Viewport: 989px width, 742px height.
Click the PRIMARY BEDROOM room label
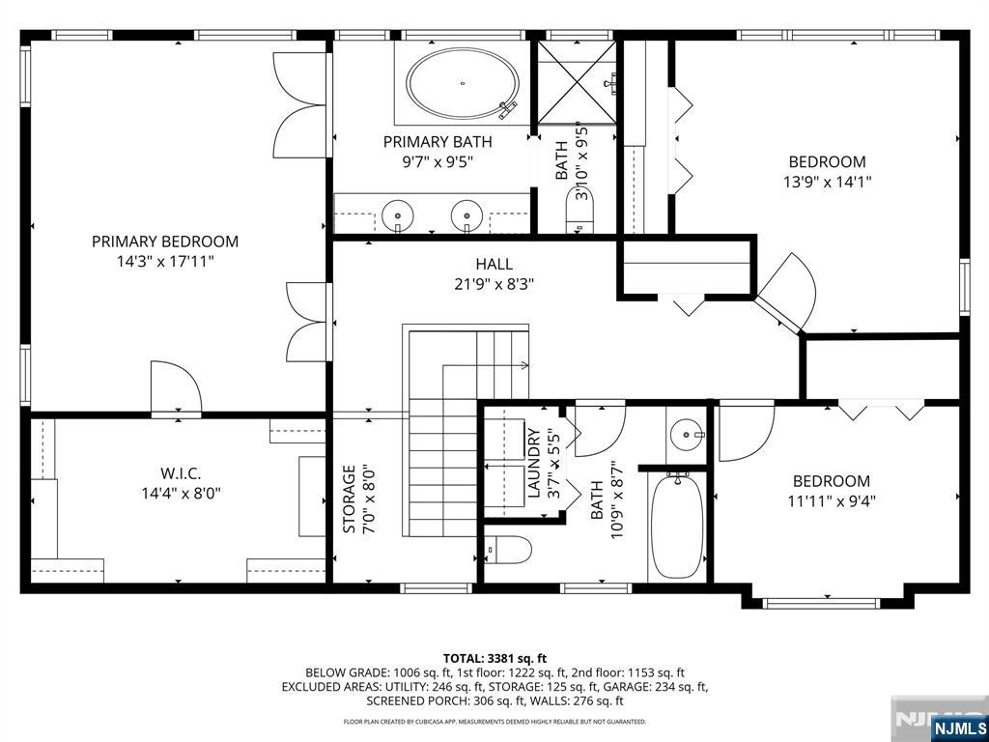click(x=164, y=242)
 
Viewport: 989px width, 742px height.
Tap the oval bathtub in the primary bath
click(x=462, y=85)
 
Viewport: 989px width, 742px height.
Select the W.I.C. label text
click(x=180, y=473)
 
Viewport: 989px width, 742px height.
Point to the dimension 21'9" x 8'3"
click(x=494, y=284)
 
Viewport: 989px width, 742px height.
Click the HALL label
click(x=494, y=264)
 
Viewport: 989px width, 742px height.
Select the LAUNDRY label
click(x=534, y=463)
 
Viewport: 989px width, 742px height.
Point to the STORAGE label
click(x=349, y=500)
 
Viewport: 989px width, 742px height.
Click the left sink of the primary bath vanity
click(x=397, y=213)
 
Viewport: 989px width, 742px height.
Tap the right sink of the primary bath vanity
click(x=467, y=213)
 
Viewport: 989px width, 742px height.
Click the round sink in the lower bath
click(x=688, y=434)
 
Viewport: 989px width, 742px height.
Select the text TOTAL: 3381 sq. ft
click(x=494, y=658)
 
